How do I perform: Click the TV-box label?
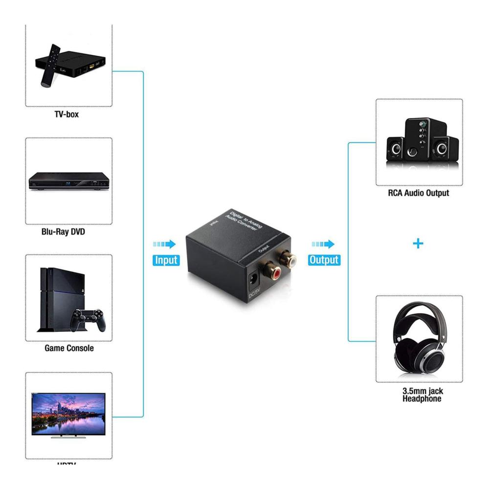click(x=67, y=114)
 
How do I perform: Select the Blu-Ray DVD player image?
click(x=68, y=181)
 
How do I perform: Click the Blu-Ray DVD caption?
click(x=63, y=231)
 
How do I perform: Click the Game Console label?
click(x=69, y=348)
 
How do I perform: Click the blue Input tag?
click(x=166, y=260)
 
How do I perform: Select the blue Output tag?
click(x=324, y=260)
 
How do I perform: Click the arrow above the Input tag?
click(x=165, y=244)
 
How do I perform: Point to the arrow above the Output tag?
click(x=323, y=244)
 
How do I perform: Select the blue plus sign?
click(x=418, y=243)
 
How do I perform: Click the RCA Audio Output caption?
click(x=419, y=193)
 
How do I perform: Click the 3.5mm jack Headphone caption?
click(x=422, y=395)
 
